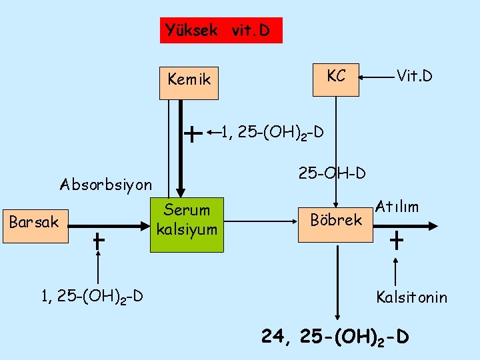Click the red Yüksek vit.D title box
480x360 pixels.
[221, 30]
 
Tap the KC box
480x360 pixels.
[336, 77]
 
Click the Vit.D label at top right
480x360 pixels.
[414, 77]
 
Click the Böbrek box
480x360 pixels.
[336, 220]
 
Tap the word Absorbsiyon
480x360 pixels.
[106, 184]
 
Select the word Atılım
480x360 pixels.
[397, 207]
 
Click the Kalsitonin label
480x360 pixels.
[411, 297]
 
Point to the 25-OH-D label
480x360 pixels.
[332, 174]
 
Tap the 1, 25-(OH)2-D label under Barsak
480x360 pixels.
[92, 296]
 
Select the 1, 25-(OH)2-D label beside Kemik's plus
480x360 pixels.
[272, 133]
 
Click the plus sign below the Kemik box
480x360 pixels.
[192, 135]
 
